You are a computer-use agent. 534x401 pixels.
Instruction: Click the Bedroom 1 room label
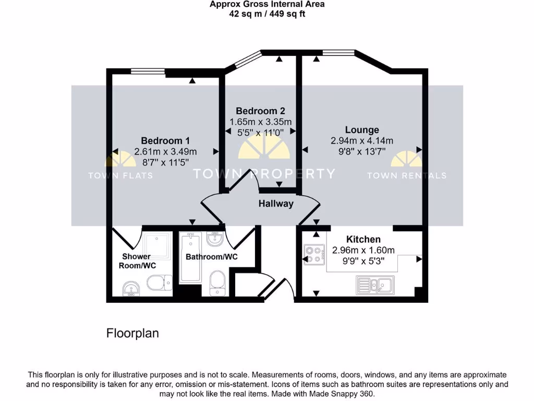[165, 140]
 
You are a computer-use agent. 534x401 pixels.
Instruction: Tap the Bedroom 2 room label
[260, 111]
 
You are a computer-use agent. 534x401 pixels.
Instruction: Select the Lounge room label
[362, 129]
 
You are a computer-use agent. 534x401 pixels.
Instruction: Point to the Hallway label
[276, 204]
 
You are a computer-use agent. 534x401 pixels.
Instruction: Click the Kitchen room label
[363, 240]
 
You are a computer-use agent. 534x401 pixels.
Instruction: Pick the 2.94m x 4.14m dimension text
[362, 140]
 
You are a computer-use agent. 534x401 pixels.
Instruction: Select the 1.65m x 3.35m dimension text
[260, 122]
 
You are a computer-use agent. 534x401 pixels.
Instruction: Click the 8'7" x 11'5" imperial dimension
[165, 162]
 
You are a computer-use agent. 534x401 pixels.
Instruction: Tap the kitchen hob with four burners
[314, 254]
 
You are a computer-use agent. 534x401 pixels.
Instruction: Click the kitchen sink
[375, 284]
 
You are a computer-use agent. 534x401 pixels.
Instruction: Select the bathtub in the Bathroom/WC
[190, 258]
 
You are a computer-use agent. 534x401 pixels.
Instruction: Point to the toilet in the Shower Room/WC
[157, 283]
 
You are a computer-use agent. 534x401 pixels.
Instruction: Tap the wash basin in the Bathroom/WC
[215, 240]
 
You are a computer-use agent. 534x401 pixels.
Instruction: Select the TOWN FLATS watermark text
[120, 175]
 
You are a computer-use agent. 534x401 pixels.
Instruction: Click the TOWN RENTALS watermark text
[407, 175]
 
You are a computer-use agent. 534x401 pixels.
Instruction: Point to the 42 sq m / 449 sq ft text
[267, 14]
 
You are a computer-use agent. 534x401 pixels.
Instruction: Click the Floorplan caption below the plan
[132, 333]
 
